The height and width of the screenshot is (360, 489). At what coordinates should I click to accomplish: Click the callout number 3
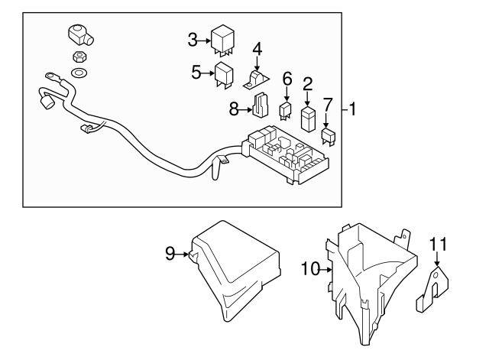193,38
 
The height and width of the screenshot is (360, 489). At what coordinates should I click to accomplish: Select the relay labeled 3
222,41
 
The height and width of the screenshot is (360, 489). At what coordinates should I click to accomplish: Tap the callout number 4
257,49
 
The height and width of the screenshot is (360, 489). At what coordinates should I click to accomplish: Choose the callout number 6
287,78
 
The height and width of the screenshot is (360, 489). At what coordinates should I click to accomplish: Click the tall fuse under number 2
308,119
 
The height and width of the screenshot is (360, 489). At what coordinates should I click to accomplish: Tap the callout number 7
328,103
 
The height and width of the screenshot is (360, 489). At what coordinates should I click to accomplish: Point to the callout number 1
354,108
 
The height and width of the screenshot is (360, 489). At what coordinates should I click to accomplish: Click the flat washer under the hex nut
78,73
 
